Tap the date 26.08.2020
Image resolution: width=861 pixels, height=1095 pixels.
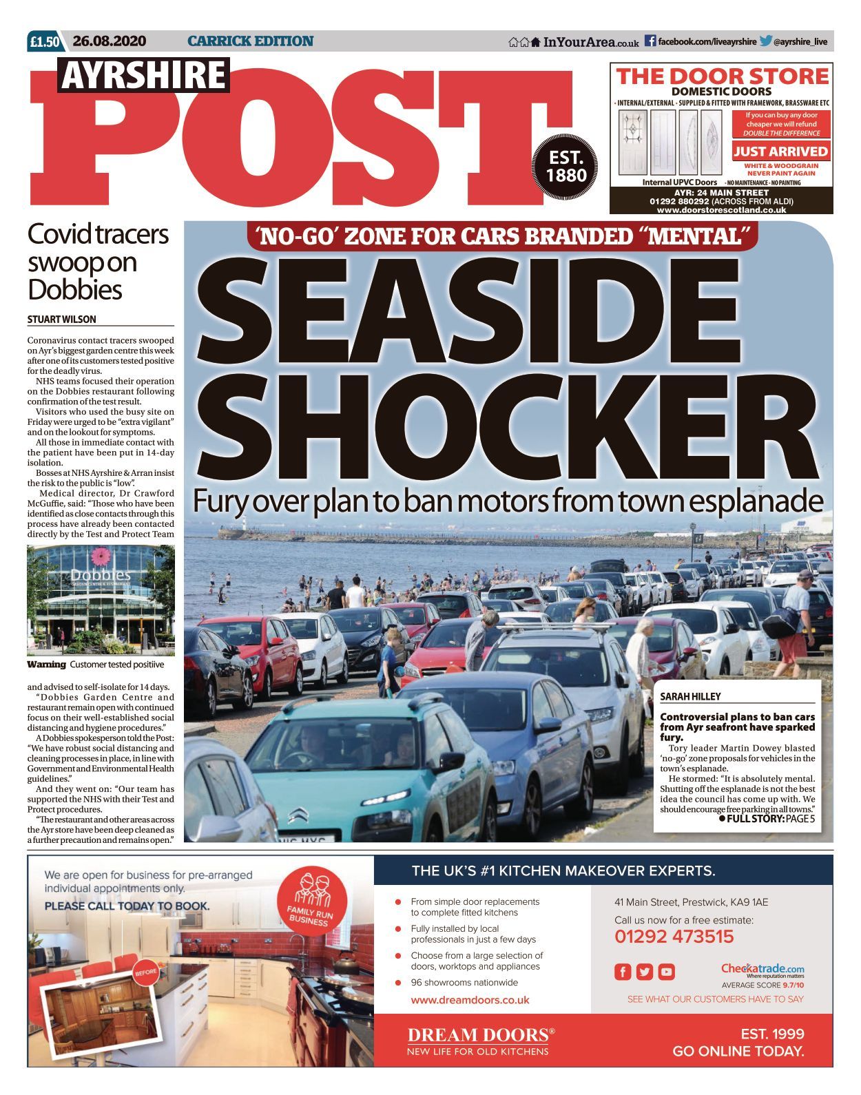tap(109, 41)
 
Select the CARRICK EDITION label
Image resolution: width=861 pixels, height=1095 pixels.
tap(250, 41)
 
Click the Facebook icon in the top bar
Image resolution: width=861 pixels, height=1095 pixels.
tap(650, 41)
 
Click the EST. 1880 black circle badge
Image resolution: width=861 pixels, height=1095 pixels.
tap(566, 167)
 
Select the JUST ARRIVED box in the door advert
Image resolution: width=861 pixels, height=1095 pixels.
tap(780, 152)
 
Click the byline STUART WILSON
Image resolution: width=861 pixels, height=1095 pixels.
tap(62, 320)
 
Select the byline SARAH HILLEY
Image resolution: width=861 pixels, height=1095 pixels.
tap(690, 697)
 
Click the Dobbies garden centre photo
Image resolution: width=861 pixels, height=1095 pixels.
tap(101, 599)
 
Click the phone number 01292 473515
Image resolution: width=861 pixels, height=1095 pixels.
tap(674, 937)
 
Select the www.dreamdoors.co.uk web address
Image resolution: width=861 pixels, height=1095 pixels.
tap(470, 1000)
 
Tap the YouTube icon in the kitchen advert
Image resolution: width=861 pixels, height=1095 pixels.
tap(666, 972)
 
